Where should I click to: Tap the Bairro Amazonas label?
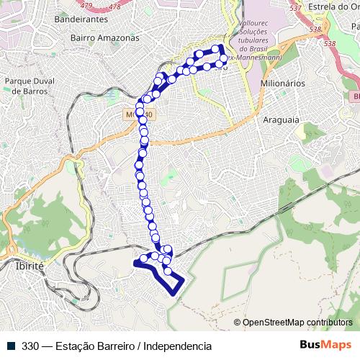coord(104,37)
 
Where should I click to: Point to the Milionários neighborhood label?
coord(283,83)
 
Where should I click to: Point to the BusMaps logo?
coord(326,345)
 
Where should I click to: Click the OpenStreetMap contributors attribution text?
coord(297,323)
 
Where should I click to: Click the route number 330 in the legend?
coord(30,346)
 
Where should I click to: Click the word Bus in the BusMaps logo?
coord(311,345)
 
